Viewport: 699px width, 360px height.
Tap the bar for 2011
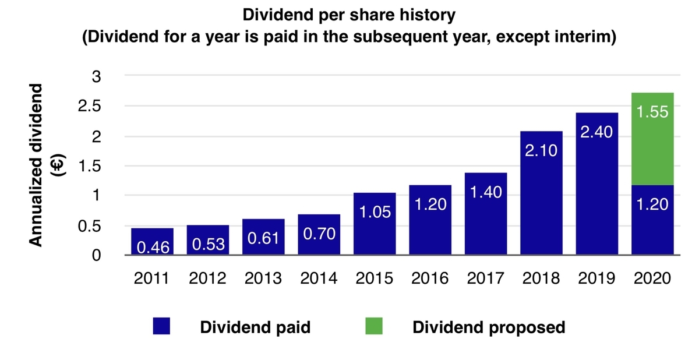point(153,242)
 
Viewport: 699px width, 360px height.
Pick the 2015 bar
point(375,224)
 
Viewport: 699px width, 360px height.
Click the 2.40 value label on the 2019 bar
point(596,132)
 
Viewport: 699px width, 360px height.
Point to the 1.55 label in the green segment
point(652,112)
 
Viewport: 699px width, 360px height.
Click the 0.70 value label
point(319,234)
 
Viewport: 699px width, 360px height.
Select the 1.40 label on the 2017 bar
point(486,192)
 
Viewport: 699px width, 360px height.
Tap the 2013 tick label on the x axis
point(263,278)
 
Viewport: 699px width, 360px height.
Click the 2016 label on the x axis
point(430,278)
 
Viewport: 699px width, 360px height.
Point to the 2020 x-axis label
point(652,278)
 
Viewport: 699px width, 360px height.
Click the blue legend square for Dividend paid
point(161,327)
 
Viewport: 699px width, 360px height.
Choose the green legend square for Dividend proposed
point(374,327)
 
